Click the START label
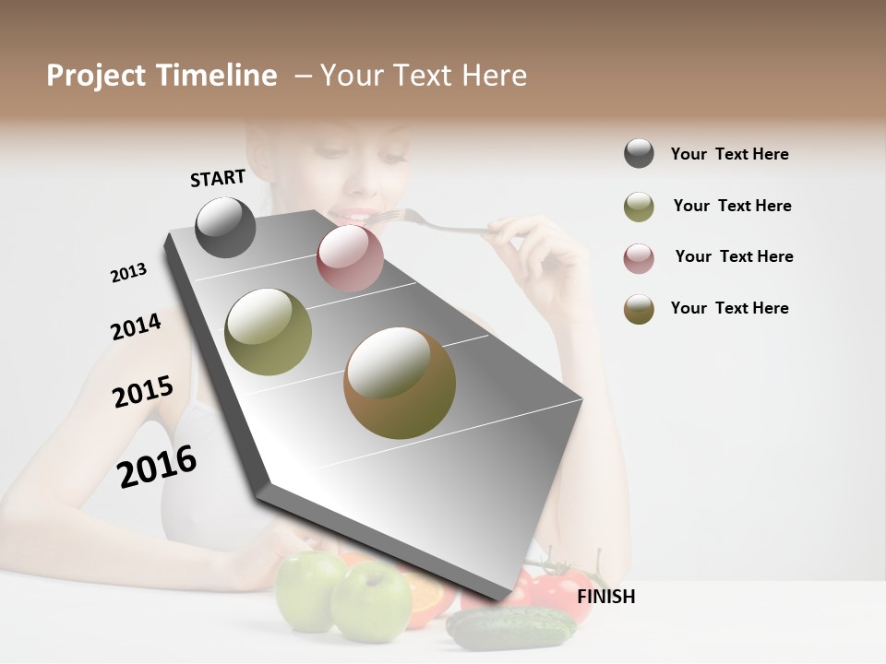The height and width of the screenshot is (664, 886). tap(218, 178)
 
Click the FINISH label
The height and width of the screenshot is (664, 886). tap(605, 597)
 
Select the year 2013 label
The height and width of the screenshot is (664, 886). tap(128, 273)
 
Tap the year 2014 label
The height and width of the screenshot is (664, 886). tap(136, 326)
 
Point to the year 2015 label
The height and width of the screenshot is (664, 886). tap(142, 392)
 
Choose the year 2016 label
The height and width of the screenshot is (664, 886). tap(157, 467)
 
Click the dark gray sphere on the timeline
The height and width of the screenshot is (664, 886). tap(226, 227)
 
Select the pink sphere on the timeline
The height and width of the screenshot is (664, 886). tap(350, 257)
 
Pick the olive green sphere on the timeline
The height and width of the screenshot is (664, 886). tap(269, 332)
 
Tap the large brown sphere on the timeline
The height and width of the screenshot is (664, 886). tap(400, 383)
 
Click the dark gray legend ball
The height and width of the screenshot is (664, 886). tap(639, 154)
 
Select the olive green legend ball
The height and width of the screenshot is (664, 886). tap(639, 207)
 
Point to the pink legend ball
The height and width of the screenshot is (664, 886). tap(639, 258)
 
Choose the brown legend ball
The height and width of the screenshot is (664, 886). tap(639, 309)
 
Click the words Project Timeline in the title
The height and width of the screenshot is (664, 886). tap(162, 76)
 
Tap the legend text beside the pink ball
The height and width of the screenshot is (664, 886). tap(734, 256)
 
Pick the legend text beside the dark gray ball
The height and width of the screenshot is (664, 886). tap(729, 154)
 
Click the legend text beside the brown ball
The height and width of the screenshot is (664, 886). tap(729, 308)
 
